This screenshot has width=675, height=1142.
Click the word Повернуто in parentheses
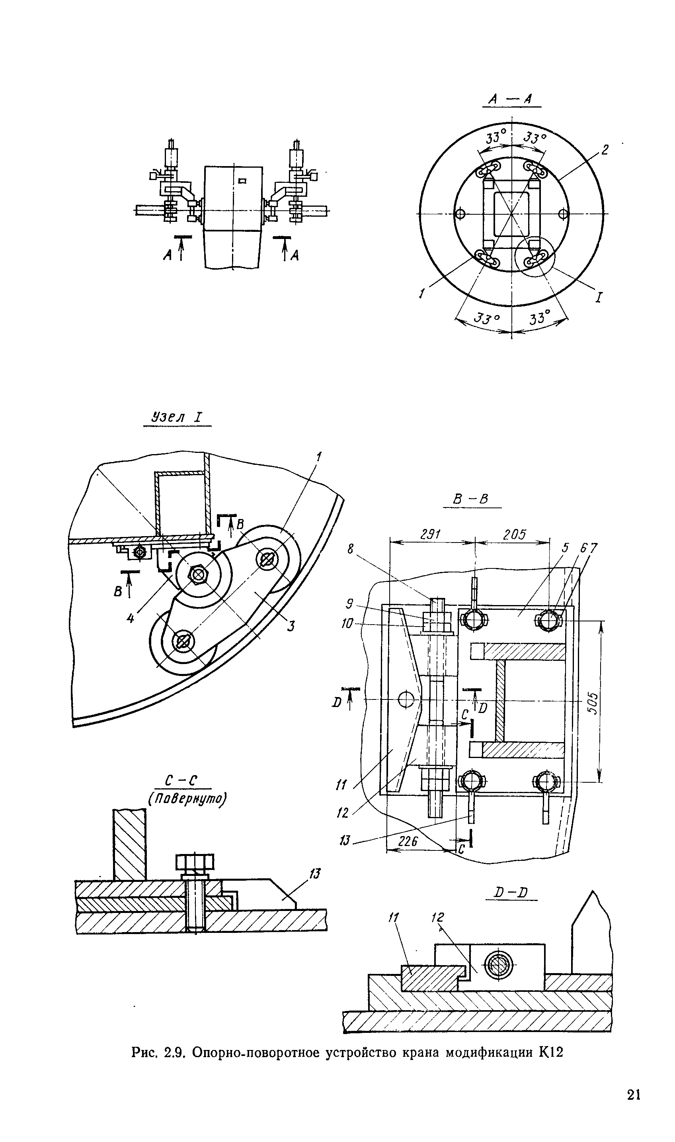click(187, 799)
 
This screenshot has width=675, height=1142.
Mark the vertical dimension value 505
click(593, 703)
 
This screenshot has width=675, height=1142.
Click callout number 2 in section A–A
click(605, 150)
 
